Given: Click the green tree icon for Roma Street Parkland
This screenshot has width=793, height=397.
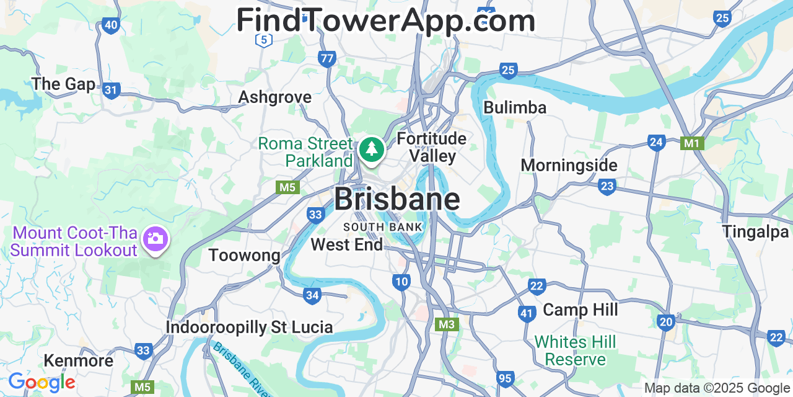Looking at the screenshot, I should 371,149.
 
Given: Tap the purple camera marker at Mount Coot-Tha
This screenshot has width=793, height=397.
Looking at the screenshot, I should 156,238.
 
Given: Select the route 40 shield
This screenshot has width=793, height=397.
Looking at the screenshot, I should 111,25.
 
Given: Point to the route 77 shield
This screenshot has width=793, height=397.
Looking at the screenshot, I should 327,59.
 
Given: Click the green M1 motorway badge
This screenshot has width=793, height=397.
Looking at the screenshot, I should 691,143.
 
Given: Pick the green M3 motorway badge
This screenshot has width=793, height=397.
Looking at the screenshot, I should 447,324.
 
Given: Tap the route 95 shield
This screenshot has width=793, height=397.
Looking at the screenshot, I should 505,378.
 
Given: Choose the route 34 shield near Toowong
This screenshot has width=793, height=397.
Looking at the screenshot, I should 312,295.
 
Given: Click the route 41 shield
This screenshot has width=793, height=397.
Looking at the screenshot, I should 527,313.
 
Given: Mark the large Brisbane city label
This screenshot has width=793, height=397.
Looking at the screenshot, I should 397,199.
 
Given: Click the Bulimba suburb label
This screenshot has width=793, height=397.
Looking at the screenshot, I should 515,107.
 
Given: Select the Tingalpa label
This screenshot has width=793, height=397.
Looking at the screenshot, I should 755,231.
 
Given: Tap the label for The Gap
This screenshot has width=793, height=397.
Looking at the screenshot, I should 63,84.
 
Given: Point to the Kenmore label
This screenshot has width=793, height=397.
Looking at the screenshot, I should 78,360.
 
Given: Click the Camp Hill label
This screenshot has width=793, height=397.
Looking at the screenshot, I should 581,310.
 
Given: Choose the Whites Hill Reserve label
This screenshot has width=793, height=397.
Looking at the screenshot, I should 575,350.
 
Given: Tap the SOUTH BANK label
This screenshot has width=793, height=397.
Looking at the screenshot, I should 383,227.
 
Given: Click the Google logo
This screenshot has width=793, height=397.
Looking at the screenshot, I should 41,383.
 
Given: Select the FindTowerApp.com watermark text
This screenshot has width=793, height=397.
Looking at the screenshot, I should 385,20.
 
